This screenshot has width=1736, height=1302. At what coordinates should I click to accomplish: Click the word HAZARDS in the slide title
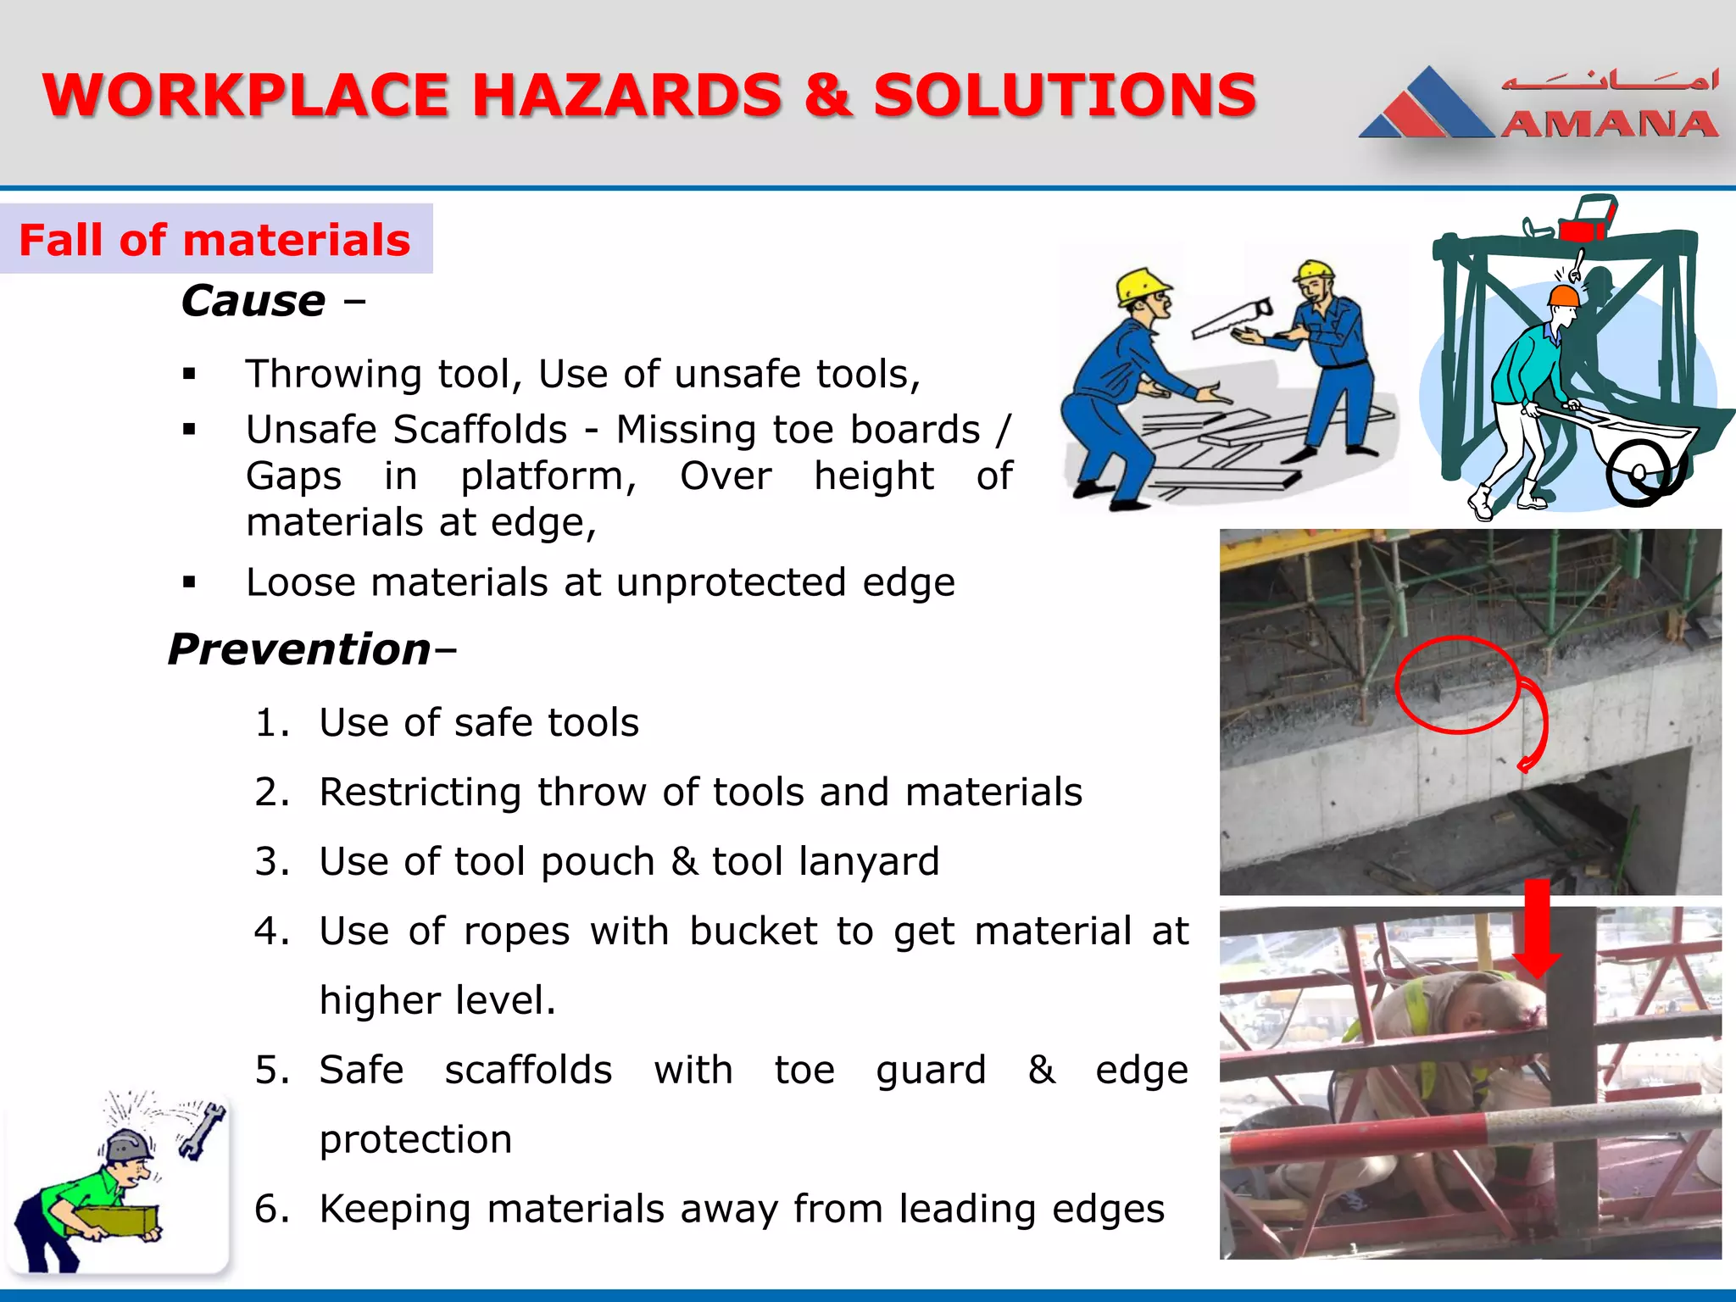click(x=627, y=95)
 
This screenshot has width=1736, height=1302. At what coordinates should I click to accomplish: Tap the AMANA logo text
click(x=1609, y=125)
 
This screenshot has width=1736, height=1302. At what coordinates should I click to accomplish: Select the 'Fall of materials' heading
click(x=215, y=240)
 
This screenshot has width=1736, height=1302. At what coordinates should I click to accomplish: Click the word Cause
click(x=253, y=301)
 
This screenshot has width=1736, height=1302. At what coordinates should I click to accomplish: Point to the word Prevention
click(x=300, y=649)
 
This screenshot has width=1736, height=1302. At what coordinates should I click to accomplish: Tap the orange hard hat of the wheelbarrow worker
click(x=1564, y=296)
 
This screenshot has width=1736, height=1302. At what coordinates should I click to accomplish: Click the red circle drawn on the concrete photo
click(x=1456, y=685)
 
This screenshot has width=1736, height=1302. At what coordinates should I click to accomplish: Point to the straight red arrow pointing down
click(x=1537, y=929)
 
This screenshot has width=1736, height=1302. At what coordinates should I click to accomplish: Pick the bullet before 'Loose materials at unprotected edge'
click(x=189, y=582)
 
